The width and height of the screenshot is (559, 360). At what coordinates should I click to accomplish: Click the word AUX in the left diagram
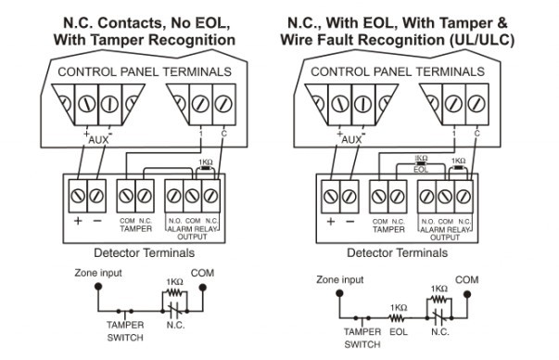98,140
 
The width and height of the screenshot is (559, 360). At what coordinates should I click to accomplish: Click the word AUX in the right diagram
351,140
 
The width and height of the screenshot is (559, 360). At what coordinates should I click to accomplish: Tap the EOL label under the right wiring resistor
421,170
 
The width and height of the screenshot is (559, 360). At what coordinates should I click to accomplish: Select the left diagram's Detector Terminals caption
144,253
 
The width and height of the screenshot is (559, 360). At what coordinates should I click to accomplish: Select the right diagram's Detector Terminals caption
397,253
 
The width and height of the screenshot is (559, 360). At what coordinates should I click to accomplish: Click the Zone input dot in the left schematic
98,287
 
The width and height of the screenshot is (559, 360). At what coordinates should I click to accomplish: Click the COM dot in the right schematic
467,294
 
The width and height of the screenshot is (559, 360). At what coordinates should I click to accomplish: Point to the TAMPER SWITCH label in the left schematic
125,331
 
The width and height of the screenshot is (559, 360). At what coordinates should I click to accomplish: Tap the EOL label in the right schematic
399,332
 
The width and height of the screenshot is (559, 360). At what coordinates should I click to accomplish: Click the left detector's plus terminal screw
78,196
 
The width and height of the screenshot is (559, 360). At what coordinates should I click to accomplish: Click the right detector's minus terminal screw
349,196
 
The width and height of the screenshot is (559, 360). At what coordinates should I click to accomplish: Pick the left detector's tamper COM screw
126,196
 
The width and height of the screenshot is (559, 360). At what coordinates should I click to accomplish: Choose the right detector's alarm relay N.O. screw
426,196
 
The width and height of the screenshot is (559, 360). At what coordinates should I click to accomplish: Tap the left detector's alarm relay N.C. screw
210,196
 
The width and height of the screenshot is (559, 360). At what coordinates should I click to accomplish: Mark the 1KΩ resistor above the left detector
206,168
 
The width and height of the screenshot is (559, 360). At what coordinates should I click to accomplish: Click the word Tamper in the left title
118,40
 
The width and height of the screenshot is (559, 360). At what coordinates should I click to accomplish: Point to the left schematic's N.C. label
175,325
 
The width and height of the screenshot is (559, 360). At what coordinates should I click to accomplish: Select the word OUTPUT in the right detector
445,238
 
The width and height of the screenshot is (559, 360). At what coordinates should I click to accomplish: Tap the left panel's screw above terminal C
224,104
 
